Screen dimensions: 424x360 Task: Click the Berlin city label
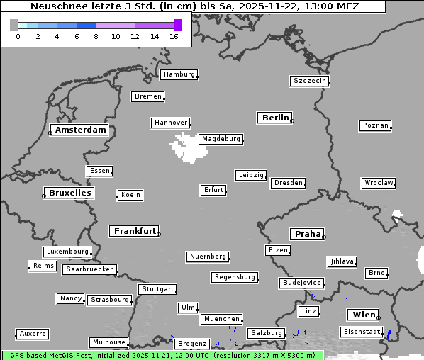(275, 118)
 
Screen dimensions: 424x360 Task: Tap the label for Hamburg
(178, 74)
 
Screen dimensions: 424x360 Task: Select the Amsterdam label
(80, 130)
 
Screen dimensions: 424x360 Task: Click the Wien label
(362, 315)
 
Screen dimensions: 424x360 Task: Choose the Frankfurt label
(135, 231)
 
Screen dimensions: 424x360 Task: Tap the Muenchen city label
(221, 319)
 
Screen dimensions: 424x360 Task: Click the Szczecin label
(309, 81)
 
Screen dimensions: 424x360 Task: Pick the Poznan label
(375, 125)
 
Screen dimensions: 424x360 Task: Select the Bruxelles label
(69, 193)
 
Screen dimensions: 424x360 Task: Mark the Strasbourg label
(110, 300)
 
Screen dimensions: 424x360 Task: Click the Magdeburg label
(221, 139)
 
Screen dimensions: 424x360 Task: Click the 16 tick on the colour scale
(174, 36)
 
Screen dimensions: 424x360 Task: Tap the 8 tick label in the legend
(96, 36)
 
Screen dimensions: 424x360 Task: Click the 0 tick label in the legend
(18, 36)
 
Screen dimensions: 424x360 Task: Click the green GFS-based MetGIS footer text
(162, 355)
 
